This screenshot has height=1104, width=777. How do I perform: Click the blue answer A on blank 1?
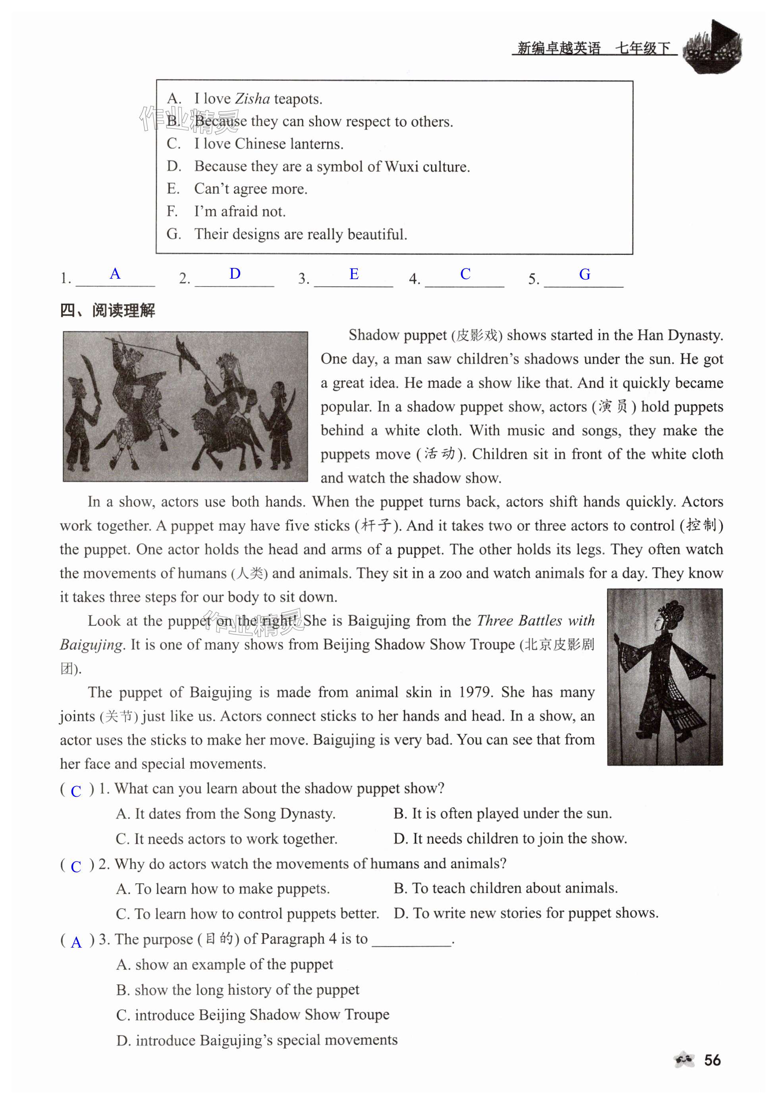[114, 274]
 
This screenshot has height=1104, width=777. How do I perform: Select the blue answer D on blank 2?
[235, 274]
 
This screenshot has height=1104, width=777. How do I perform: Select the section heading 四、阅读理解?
[108, 310]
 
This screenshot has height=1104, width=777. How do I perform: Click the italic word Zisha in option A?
[252, 98]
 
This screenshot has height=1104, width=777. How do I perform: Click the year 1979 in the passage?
[475, 692]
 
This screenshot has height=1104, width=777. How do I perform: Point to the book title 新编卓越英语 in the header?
[558, 48]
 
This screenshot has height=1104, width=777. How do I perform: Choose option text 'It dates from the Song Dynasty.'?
[235, 813]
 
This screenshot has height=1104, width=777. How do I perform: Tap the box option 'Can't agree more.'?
[251, 189]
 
